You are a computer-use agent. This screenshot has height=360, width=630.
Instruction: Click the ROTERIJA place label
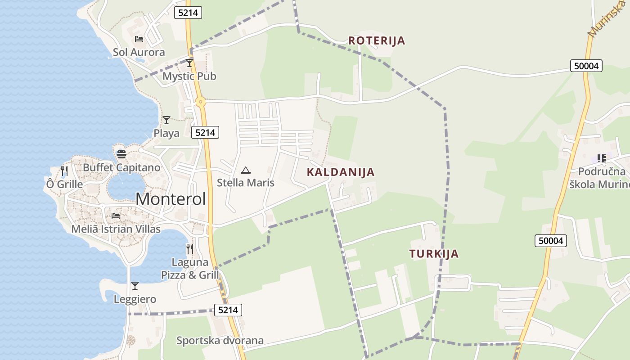click(377, 40)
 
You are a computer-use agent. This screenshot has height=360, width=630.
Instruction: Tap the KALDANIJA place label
click(341, 172)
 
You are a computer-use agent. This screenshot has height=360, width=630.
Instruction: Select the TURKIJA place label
click(434, 253)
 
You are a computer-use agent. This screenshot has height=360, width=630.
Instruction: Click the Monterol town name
click(171, 199)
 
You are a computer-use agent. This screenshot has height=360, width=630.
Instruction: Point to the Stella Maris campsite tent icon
click(245, 170)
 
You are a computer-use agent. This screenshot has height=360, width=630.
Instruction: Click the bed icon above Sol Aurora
click(139, 39)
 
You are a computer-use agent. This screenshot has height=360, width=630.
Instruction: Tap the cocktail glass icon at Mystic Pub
click(189, 63)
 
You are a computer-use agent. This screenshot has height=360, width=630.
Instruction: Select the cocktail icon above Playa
click(166, 120)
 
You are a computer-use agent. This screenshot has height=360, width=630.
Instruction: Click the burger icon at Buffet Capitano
click(121, 154)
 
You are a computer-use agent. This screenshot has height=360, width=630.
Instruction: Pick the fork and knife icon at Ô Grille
click(64, 171)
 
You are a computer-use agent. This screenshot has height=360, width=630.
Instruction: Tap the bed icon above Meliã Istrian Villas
click(116, 216)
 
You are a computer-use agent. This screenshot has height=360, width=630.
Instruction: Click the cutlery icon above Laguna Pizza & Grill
click(190, 248)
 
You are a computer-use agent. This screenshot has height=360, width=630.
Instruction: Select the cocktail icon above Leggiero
click(135, 286)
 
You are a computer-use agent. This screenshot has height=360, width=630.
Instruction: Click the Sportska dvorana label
click(220, 341)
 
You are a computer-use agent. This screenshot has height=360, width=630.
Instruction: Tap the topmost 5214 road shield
click(188, 13)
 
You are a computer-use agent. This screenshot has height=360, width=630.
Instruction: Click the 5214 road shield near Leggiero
click(228, 310)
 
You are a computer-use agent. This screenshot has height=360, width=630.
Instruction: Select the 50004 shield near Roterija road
click(586, 66)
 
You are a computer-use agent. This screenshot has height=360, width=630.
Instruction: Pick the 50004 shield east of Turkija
click(551, 241)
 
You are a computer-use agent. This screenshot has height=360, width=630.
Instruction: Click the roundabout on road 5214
click(201, 102)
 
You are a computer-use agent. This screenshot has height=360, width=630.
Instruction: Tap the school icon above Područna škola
click(602, 158)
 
